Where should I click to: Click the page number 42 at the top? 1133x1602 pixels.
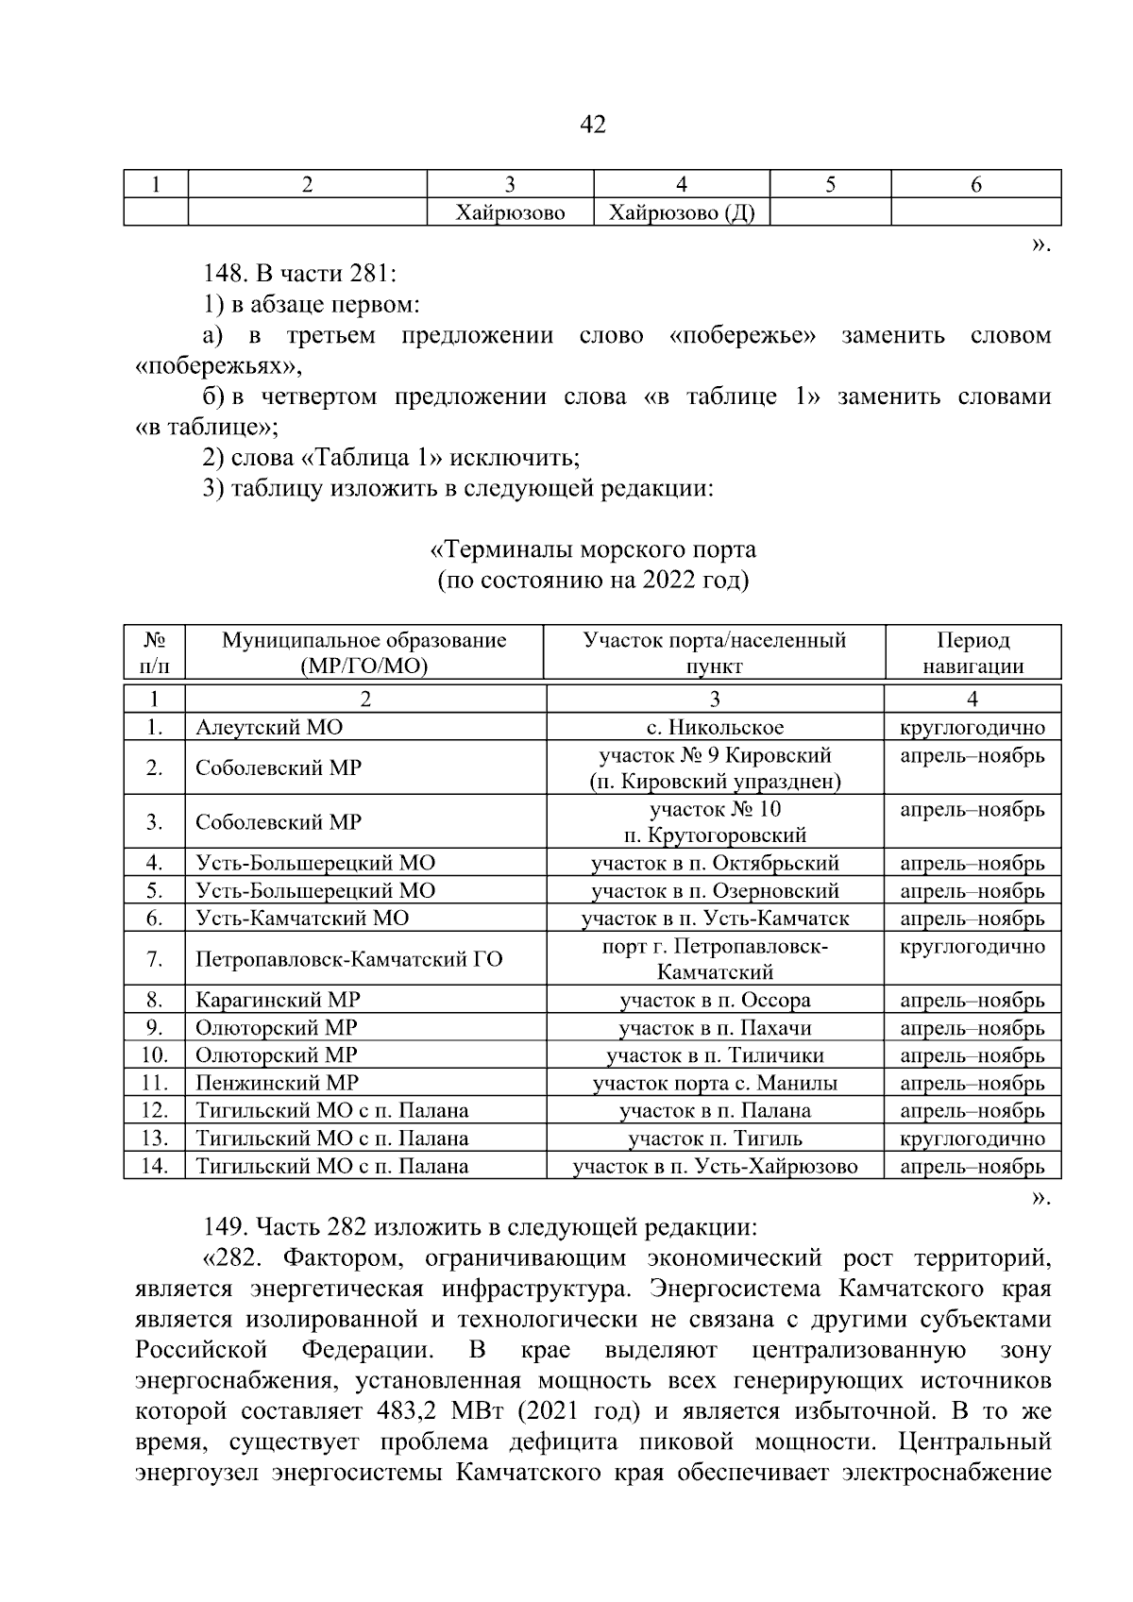[593, 124]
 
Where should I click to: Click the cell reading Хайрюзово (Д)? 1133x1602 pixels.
[682, 213]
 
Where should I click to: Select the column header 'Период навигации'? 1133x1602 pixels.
[972, 652]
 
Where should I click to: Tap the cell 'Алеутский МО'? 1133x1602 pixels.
[269, 727]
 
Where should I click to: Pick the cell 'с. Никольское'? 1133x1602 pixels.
[715, 727]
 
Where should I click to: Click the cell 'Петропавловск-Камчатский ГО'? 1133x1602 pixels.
[348, 959]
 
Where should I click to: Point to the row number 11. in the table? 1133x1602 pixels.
[154, 1083]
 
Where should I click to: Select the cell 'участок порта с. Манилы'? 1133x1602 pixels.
[715, 1083]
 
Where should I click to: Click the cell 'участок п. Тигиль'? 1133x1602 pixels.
[715, 1138]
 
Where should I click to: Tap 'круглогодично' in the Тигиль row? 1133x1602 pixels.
[972, 1138]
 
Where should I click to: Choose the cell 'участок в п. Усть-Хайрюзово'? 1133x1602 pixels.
[715, 1166]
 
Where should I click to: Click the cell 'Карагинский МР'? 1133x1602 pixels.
[278, 1000]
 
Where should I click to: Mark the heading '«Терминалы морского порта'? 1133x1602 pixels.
[593, 549]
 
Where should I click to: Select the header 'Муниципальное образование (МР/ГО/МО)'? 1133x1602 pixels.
[364, 652]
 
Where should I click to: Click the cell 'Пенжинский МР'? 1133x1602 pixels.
[277, 1083]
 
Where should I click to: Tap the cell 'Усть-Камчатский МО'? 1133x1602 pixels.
[302, 918]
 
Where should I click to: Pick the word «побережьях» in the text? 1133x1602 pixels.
[218, 365]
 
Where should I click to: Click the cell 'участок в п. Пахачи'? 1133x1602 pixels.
[715, 1028]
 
